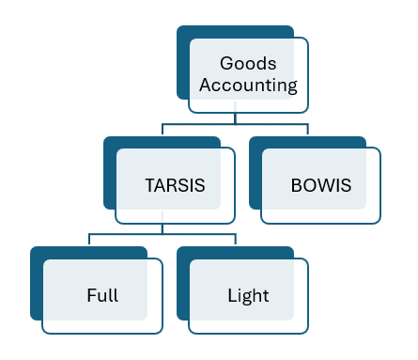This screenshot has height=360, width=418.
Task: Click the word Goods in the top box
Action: point(248,63)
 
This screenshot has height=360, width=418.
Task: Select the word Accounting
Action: point(248,86)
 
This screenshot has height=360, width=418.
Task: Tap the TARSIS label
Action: point(175,185)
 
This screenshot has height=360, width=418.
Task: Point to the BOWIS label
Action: point(321,185)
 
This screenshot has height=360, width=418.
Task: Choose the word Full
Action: point(102,295)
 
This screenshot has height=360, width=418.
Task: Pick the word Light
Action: point(248,296)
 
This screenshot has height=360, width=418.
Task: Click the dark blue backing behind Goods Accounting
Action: point(183,63)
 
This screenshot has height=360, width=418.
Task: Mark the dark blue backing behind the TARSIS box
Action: point(110,173)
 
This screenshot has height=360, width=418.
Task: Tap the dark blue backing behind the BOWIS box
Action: point(255,173)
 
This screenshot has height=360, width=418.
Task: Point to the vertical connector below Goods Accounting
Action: point(235,118)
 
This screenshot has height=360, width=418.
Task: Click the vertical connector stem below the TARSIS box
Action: point(163,228)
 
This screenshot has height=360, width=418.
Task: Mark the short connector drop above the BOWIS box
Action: point(308,129)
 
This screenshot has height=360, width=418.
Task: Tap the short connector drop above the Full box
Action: point(89,239)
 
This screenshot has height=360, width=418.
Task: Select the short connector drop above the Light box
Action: point(236,239)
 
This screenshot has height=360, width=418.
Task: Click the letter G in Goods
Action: point(226,63)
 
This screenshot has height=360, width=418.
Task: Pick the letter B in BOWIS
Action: point(297,185)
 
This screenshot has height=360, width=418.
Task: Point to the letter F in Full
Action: point(92,295)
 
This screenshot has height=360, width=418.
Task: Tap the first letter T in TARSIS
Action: point(150,185)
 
